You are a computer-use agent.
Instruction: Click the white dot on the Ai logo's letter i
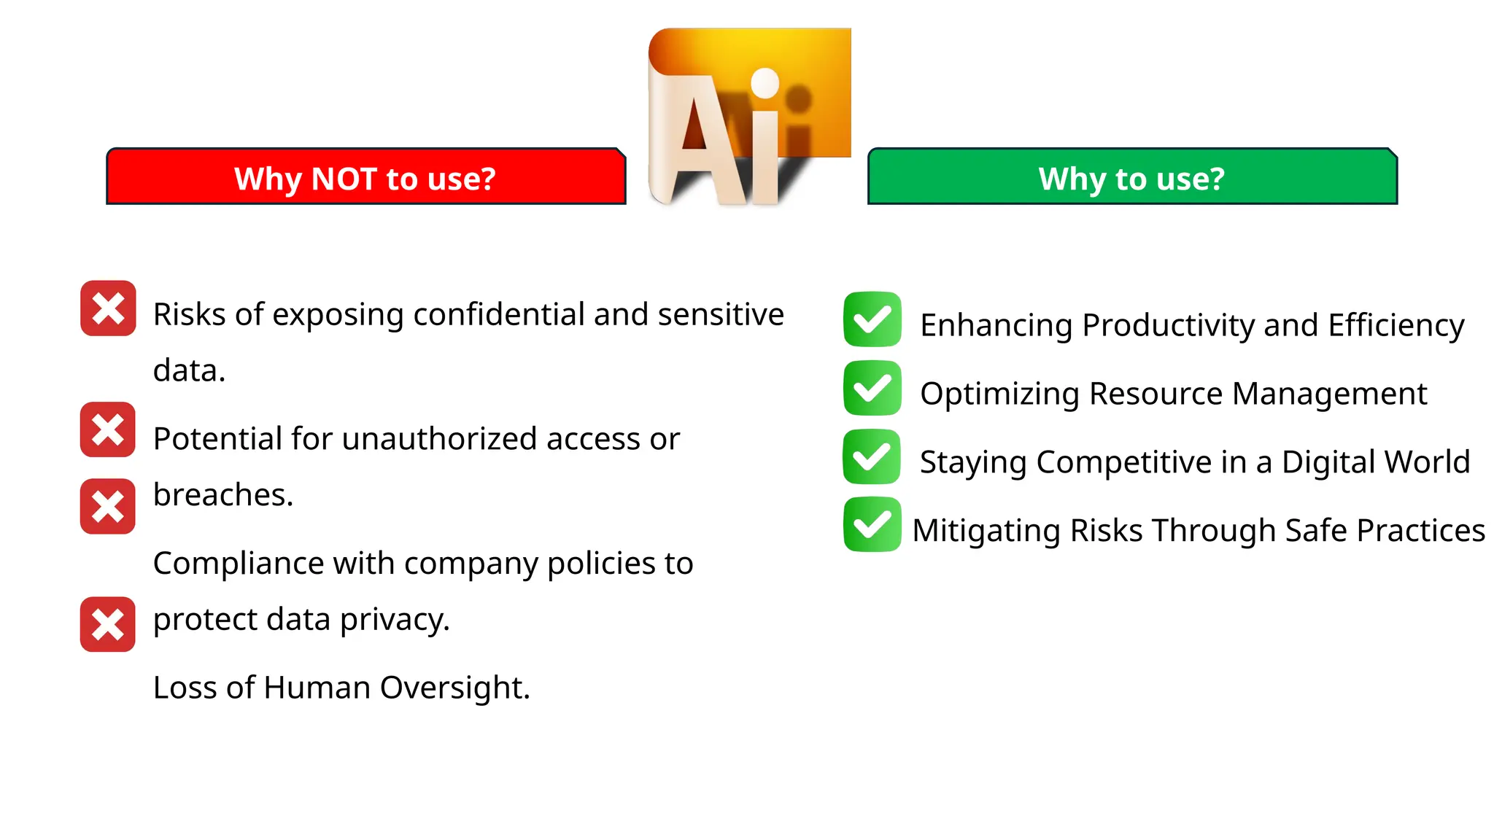(x=765, y=82)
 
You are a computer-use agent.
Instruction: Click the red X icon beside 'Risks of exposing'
(x=108, y=308)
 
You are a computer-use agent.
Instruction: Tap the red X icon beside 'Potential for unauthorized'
(x=108, y=429)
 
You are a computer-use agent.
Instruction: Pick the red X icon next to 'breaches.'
(x=108, y=506)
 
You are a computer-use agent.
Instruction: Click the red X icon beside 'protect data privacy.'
(x=108, y=624)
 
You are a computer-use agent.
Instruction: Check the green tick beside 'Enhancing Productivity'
(x=872, y=319)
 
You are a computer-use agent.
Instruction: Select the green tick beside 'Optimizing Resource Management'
(x=872, y=388)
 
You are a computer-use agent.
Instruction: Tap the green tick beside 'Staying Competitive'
(x=872, y=456)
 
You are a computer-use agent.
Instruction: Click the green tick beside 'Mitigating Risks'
(x=872, y=525)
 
